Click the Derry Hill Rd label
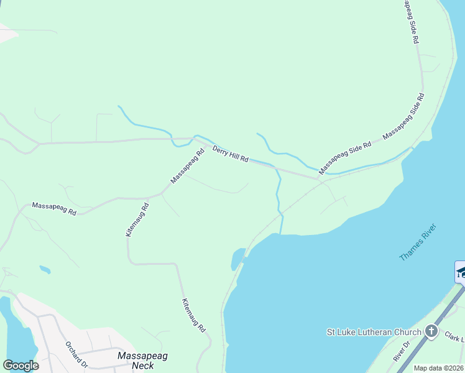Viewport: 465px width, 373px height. pos(231,154)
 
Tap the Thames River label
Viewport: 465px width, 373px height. pos(418,242)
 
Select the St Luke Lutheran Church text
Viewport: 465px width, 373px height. pos(374,332)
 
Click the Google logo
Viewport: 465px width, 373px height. pos(21,366)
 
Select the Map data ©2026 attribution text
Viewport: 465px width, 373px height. pos(439,368)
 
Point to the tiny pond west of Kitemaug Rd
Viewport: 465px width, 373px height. pos(45,270)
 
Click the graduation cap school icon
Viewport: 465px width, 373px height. pos(461,272)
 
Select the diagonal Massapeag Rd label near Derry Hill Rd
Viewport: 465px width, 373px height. pos(188,166)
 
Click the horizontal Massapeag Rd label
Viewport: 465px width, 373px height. pos(54,208)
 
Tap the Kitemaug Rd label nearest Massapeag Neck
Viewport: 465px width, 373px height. pos(193,315)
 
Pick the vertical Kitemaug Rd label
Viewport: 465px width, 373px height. pos(137,219)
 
